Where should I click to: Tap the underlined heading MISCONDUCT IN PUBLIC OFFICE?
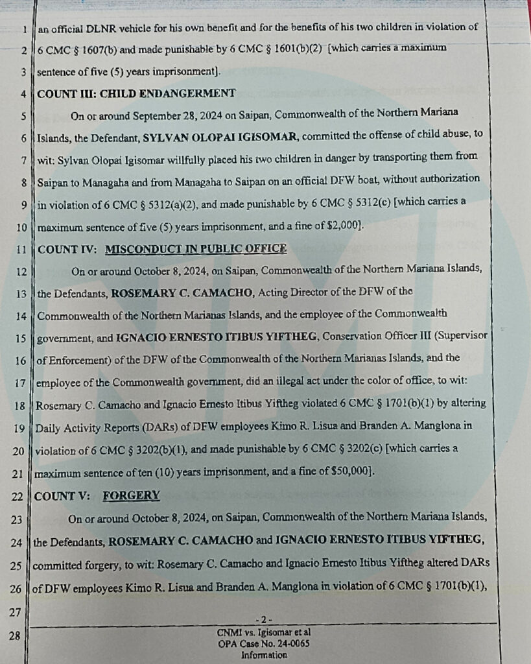pos(195,248)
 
